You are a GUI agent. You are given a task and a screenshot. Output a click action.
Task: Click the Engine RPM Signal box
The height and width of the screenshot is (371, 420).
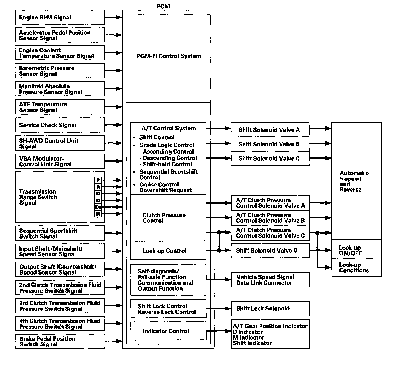point(60,17)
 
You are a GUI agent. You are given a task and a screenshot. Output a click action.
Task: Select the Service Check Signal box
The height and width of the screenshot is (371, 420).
point(60,125)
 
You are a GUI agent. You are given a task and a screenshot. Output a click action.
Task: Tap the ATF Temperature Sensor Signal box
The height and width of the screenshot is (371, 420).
point(60,107)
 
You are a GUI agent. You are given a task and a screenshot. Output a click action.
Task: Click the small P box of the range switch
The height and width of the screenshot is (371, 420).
point(98,180)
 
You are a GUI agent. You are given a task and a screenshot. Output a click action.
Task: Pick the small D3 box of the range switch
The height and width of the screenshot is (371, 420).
point(98,207)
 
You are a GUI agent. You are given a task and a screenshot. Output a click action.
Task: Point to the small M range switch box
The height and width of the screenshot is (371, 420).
point(98,214)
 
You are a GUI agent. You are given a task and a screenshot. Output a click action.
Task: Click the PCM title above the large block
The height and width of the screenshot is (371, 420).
point(163,6)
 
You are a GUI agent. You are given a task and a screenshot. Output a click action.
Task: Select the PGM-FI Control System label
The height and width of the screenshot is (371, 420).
point(169,56)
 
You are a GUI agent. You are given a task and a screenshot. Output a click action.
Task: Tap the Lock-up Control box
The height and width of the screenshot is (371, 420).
point(168,251)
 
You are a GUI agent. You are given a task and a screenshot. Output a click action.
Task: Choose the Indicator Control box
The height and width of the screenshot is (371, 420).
point(168,331)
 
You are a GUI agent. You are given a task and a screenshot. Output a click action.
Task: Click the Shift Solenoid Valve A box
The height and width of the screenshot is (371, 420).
point(270,130)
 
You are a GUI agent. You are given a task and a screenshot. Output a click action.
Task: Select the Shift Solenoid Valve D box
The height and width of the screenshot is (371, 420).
point(270,251)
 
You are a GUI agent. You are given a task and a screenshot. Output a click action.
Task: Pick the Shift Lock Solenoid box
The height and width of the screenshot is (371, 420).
point(270,308)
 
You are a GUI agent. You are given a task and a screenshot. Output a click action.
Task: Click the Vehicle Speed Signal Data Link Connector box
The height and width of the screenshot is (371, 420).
point(270,280)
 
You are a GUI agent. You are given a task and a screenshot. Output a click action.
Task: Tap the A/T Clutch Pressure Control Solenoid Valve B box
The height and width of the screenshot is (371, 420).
point(270,218)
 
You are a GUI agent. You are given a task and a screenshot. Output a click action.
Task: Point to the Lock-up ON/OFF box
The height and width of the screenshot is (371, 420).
point(356,250)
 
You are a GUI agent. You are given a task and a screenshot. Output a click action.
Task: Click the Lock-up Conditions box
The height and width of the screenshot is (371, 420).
point(356,268)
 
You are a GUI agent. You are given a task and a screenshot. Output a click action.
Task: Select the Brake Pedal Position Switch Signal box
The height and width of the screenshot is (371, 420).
point(60,341)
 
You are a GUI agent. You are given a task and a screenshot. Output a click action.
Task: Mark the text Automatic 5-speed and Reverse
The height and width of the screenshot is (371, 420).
point(354,181)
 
